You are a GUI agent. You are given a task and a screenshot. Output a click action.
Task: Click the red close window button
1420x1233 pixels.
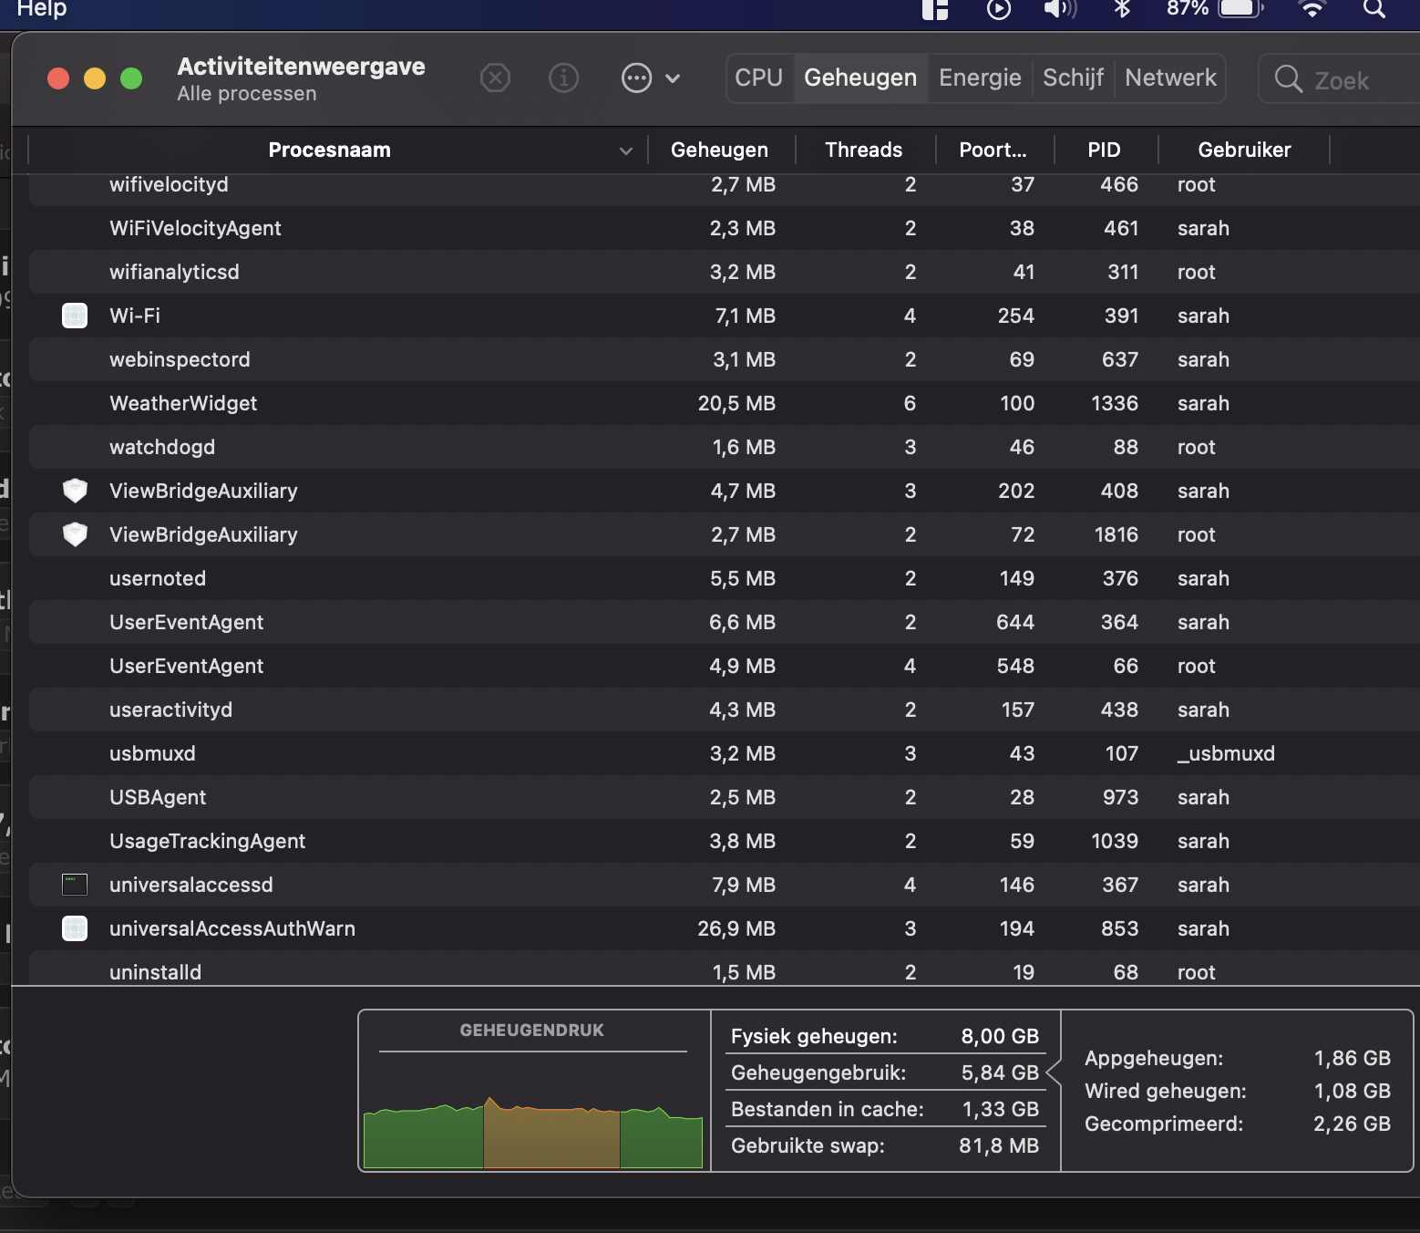tap(58, 78)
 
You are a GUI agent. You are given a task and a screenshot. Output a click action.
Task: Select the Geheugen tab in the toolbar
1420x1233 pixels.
tap(859, 78)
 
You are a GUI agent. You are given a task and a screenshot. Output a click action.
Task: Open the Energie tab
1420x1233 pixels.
tap(980, 78)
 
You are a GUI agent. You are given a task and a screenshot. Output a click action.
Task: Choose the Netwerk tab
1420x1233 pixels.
tap(1170, 78)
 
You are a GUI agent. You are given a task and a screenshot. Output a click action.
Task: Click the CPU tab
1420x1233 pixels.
tap(758, 78)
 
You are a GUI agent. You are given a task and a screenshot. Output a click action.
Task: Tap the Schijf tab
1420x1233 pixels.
tap(1073, 78)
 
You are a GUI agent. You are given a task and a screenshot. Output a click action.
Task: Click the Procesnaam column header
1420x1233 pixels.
tap(329, 150)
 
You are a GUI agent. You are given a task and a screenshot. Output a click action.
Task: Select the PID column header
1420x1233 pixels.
tap(1104, 150)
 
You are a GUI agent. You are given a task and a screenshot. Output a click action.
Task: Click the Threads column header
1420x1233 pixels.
tap(863, 150)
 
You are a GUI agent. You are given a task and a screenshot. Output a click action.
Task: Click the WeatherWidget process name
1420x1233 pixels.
tap(183, 404)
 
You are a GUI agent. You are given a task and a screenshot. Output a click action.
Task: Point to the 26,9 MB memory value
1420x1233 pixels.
tap(736, 929)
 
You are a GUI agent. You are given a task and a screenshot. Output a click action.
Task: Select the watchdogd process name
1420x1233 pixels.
tap(162, 448)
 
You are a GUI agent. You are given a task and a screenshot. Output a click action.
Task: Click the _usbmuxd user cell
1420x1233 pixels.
tap(1226, 754)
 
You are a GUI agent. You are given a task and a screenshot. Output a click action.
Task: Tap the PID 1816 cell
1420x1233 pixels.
tap(1116, 535)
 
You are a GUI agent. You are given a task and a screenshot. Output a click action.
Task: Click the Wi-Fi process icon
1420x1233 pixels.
tap(75, 316)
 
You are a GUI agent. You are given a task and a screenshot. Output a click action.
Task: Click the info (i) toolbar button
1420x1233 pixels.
tap(563, 78)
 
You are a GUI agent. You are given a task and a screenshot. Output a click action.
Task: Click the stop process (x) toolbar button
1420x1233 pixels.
tap(495, 78)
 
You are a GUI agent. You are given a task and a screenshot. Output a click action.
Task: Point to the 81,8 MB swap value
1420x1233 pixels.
tap(998, 1146)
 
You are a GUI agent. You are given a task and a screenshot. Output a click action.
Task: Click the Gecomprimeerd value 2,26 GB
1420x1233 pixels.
tap(1352, 1124)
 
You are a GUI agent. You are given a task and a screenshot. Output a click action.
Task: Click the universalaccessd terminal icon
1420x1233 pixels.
tap(75, 885)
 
